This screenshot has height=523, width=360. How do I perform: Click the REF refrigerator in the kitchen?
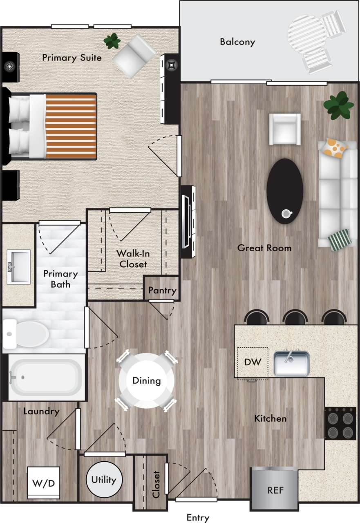coord(275,489)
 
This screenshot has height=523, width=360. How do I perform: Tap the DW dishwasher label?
coord(253,362)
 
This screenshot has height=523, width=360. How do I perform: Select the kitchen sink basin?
coord(291,363)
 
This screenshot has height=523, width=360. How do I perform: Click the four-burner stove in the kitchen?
coord(340,423)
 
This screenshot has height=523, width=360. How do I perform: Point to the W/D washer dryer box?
coord(43,483)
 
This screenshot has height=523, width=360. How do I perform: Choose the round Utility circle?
coord(104,480)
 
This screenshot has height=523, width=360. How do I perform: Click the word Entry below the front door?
coord(198,518)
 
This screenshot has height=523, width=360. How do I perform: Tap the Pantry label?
coord(162,291)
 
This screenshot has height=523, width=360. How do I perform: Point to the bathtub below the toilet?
coord(45,377)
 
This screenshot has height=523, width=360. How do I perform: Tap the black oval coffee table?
coord(285,191)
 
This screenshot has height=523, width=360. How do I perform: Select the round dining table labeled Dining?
coord(146,381)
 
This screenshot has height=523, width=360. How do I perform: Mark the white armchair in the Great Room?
coord(285,129)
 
